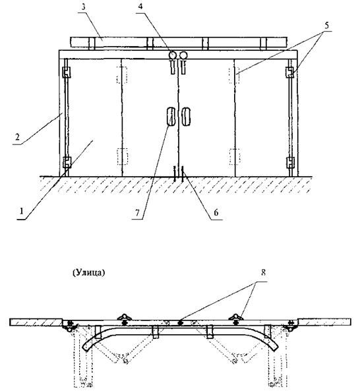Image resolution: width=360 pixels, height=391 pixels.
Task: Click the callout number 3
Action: pos(84,7)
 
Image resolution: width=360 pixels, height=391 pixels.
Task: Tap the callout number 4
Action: pos(140,7)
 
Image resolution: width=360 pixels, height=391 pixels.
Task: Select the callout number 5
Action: pos(326,25)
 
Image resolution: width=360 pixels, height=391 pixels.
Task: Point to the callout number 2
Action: pos(17,137)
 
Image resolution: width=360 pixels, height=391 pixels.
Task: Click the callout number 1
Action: pos(22,211)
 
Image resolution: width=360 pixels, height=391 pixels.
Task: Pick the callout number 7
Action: pos(137,212)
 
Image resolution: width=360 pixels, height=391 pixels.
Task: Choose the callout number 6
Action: pos(216,212)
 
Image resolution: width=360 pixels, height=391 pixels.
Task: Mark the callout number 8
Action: pos(263,272)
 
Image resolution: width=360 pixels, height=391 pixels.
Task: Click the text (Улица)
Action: pos(89,273)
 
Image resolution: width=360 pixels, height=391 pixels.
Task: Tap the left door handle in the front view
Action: pos(171,117)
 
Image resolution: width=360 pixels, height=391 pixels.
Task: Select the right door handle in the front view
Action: pos(186,117)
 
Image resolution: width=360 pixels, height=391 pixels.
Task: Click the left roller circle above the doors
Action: pos(172,55)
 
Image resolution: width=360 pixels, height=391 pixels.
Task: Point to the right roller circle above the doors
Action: pos(183,55)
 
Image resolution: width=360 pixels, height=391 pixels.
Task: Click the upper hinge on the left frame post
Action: pos(66,73)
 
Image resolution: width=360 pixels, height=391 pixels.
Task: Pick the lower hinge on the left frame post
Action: pos(67,162)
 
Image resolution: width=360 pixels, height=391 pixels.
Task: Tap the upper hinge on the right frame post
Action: pos(289,73)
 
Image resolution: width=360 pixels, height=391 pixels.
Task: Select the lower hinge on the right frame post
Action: pos(290,162)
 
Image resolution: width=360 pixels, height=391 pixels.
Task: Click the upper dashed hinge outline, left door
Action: pos(122,75)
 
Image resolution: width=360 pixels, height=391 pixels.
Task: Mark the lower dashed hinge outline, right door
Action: pos(235,157)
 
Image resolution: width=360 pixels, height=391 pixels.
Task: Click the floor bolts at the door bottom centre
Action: pos(179,173)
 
